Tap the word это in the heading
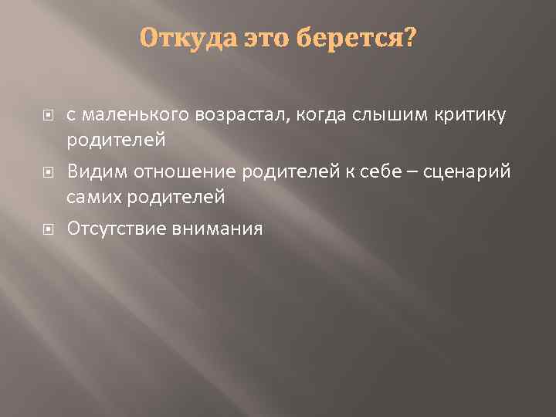(266, 38)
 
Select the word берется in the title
(349, 38)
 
